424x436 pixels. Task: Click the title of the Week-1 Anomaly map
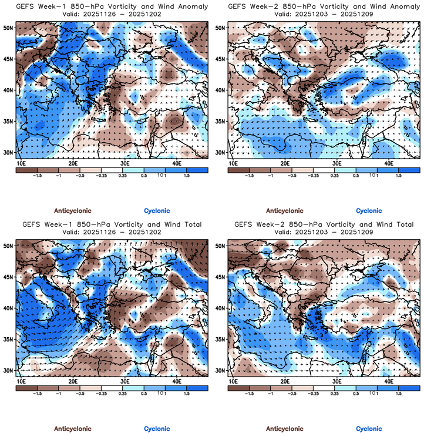111,6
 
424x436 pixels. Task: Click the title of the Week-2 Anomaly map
324,6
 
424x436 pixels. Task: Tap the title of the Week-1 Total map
111,224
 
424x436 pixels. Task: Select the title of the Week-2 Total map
324,224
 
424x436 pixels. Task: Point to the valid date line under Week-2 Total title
324,232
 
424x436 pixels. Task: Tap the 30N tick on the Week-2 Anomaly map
221,152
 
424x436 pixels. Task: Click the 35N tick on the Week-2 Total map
221,340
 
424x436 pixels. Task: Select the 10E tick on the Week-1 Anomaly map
22,162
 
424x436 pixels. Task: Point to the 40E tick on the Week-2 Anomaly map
389,162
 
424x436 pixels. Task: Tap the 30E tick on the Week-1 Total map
125,381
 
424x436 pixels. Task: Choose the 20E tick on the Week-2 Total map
285,381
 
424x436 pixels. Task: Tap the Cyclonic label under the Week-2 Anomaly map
369,210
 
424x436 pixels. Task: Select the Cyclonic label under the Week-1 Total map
156,428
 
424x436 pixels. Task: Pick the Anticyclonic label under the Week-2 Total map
285,428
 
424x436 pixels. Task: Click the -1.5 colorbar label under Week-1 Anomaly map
36,175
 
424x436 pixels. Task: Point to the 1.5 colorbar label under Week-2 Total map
399,394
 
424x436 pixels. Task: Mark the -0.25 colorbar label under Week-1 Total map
102,394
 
